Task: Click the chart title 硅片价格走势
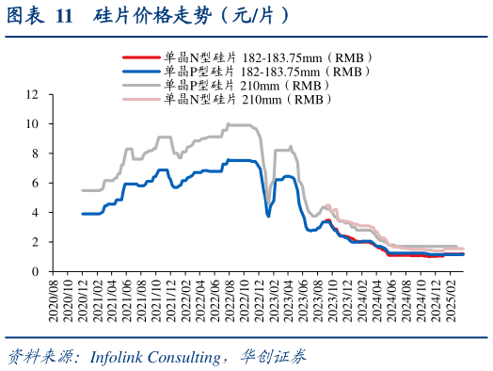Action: (188, 16)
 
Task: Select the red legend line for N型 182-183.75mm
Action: (141, 57)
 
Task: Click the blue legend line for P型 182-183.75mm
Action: (141, 71)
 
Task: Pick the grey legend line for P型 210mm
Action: (141, 84)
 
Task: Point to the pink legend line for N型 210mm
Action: (141, 97)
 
